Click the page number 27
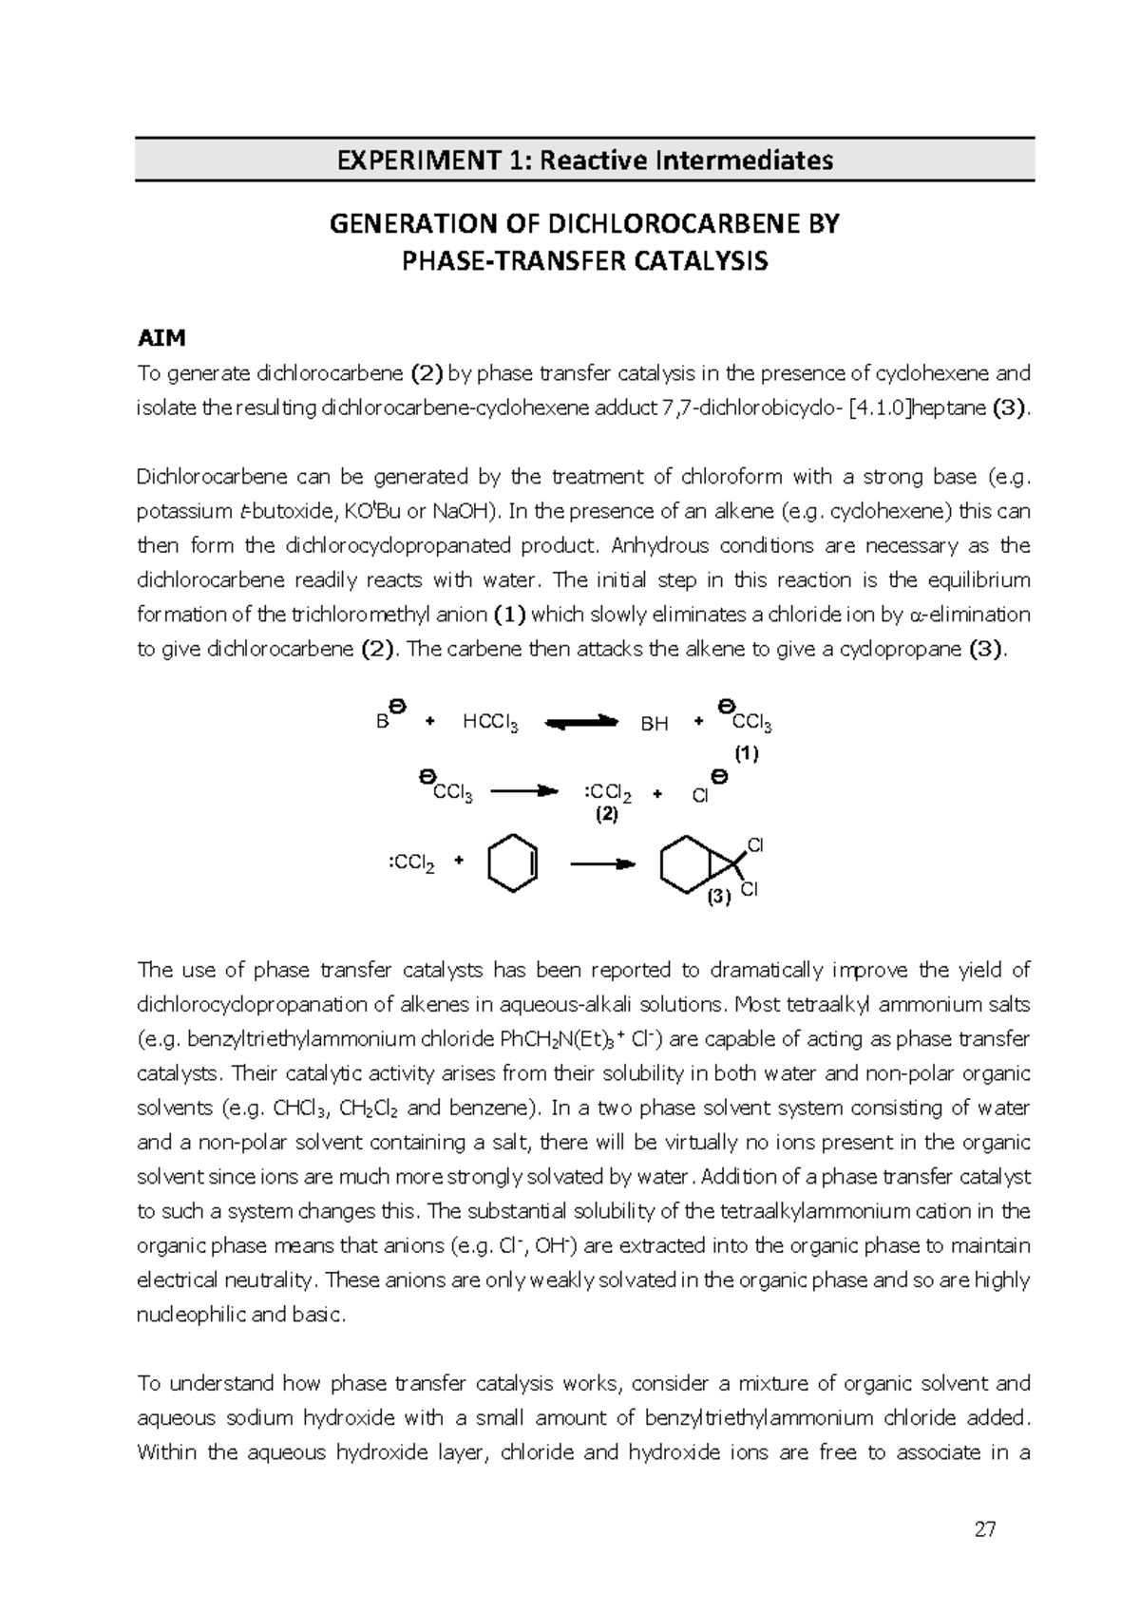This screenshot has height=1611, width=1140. [x=985, y=1530]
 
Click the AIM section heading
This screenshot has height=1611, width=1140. [x=161, y=338]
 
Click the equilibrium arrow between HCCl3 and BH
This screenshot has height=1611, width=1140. [x=582, y=724]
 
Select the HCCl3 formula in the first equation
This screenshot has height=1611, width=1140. [x=490, y=723]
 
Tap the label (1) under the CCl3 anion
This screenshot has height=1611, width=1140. [x=746, y=754]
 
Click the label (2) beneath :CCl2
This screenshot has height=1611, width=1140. [x=606, y=815]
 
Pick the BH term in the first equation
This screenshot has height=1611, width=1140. [x=655, y=725]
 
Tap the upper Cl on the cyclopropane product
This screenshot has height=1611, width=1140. [x=755, y=844]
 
